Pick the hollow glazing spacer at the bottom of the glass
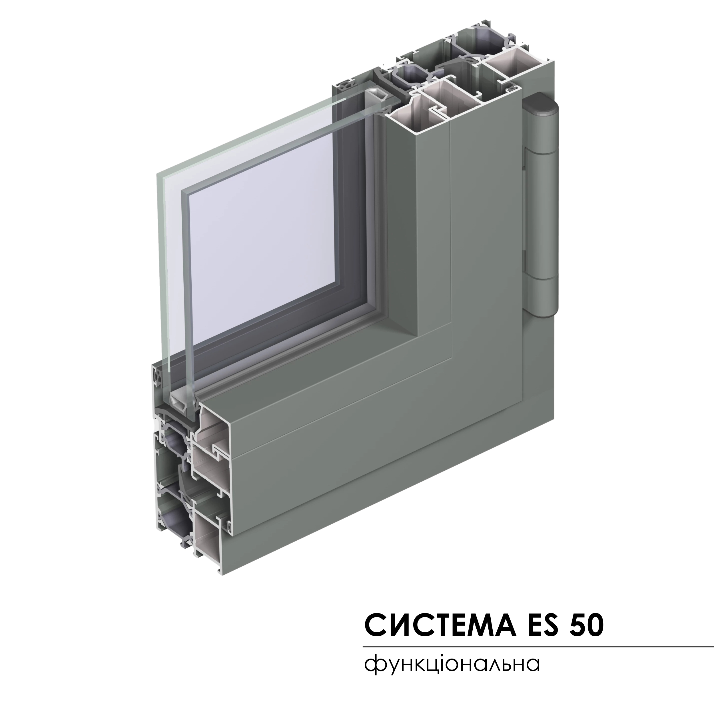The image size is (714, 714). tap(182, 399)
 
